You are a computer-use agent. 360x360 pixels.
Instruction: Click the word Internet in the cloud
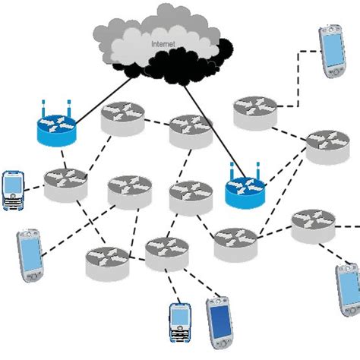point(163,45)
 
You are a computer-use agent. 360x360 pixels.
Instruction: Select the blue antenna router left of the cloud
point(55,130)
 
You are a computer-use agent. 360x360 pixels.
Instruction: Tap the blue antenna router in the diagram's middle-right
point(245,191)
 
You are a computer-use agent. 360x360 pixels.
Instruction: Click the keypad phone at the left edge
point(13,191)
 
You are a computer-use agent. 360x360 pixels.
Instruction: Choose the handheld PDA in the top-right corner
point(333,51)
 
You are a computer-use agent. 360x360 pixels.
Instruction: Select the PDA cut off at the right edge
point(349,291)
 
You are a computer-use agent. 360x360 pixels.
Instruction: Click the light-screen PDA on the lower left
point(29,256)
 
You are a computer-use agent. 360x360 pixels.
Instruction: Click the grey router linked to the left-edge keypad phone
point(65,184)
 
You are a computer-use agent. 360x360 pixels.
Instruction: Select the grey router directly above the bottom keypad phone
point(167,253)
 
